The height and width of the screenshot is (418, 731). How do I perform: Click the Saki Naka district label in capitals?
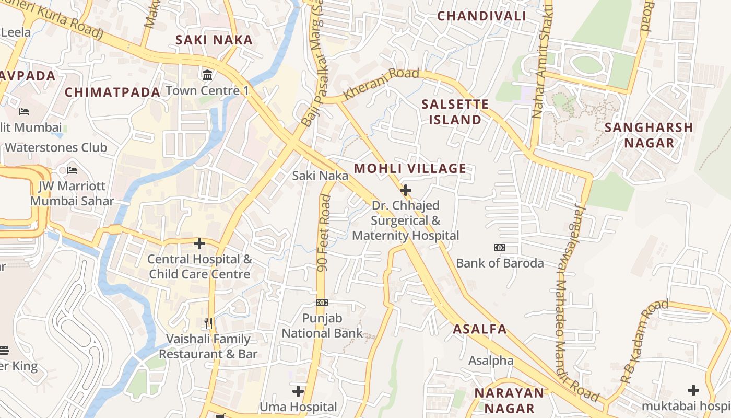pos(214,40)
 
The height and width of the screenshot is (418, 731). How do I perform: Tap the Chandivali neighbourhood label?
pos(481,16)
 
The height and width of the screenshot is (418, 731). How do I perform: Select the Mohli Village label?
pos(410,168)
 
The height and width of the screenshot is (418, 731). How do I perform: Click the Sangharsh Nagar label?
pos(649,135)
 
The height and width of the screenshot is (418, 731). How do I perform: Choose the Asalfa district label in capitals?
pos(479,329)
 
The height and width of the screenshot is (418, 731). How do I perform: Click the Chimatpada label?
pos(112,92)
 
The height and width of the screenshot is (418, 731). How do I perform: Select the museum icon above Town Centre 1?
pos(207,75)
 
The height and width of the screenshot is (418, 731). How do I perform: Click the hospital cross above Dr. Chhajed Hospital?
pos(405,190)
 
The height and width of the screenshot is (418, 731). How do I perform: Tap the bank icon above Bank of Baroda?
pos(500,248)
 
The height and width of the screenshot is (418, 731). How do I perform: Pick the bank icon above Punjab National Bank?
pos(322,303)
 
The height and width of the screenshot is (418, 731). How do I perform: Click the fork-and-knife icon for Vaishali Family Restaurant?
pos(208,323)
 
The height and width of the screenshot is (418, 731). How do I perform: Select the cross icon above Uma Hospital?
pos(298,391)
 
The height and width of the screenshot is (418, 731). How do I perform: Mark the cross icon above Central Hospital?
pos(199,243)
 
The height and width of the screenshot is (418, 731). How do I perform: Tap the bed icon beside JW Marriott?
pos(72,170)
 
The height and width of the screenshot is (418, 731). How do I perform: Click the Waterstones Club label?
pos(56,147)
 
